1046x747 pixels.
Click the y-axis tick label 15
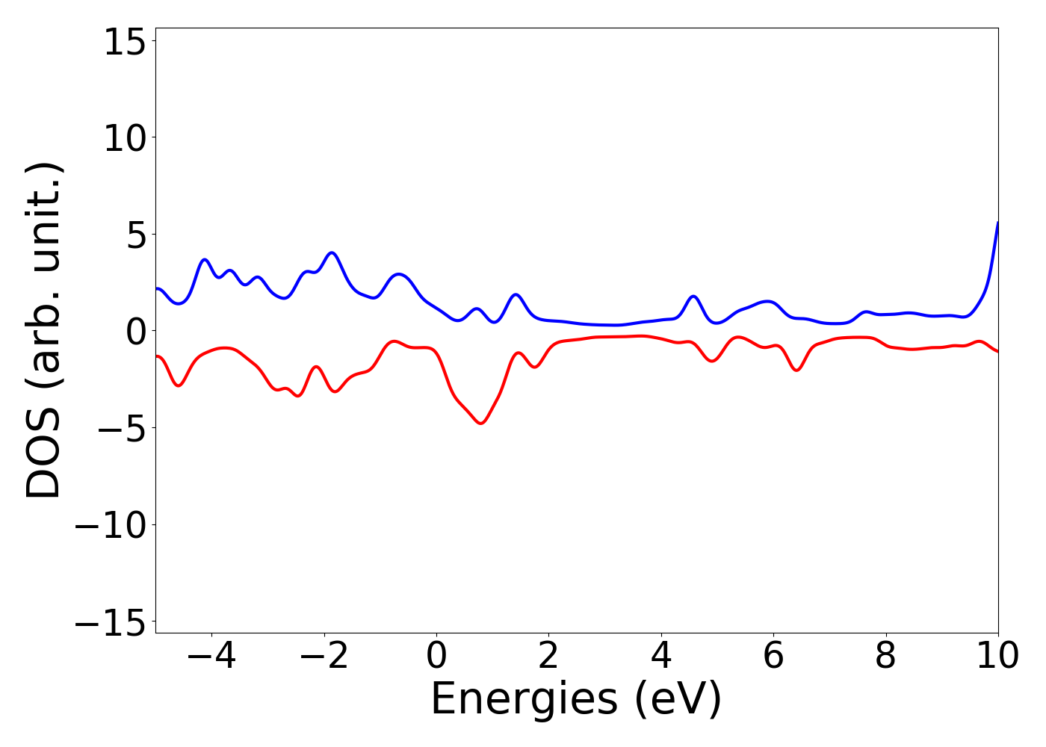123,43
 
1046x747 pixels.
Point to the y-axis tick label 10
123,139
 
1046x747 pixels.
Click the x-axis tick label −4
211,657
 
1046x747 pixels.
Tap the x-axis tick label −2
324,657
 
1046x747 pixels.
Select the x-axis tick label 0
436,657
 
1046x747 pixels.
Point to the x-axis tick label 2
548,657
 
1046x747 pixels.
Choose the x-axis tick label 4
661,657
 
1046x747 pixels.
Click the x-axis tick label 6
773,657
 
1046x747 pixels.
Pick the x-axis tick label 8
885,657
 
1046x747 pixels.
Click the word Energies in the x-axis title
524,701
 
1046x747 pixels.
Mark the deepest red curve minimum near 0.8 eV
481,424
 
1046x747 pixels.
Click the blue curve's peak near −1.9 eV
332,252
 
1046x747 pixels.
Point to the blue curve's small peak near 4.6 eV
693,297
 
